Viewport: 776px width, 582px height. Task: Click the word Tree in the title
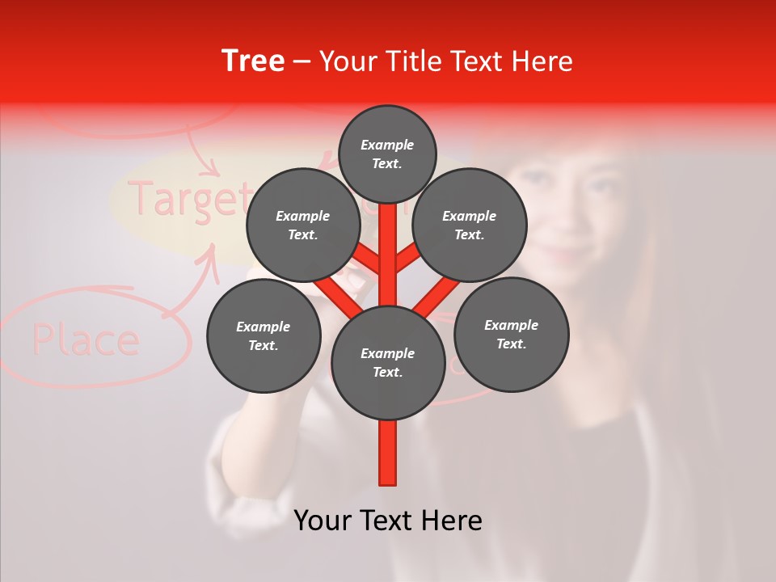(253, 61)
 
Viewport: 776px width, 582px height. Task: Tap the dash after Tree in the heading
(302, 62)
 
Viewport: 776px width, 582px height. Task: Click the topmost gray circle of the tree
(387, 154)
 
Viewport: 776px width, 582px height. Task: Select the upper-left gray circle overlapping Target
(303, 225)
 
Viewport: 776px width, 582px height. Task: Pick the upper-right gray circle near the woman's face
(470, 225)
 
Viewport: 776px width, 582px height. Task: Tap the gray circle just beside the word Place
(264, 335)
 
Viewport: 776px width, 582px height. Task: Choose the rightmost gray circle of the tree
(511, 334)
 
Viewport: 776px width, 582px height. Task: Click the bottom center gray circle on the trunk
(388, 363)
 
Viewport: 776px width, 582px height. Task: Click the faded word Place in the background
(86, 340)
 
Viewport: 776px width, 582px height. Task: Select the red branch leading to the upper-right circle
(408, 259)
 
